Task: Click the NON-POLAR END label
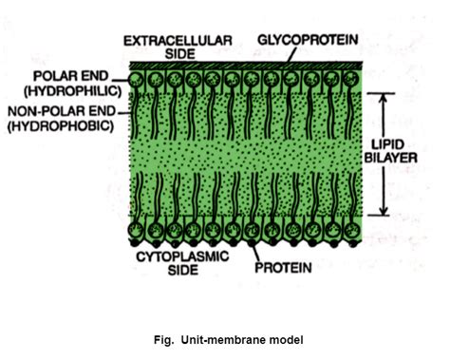[60, 109]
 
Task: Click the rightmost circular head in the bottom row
[347, 231]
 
